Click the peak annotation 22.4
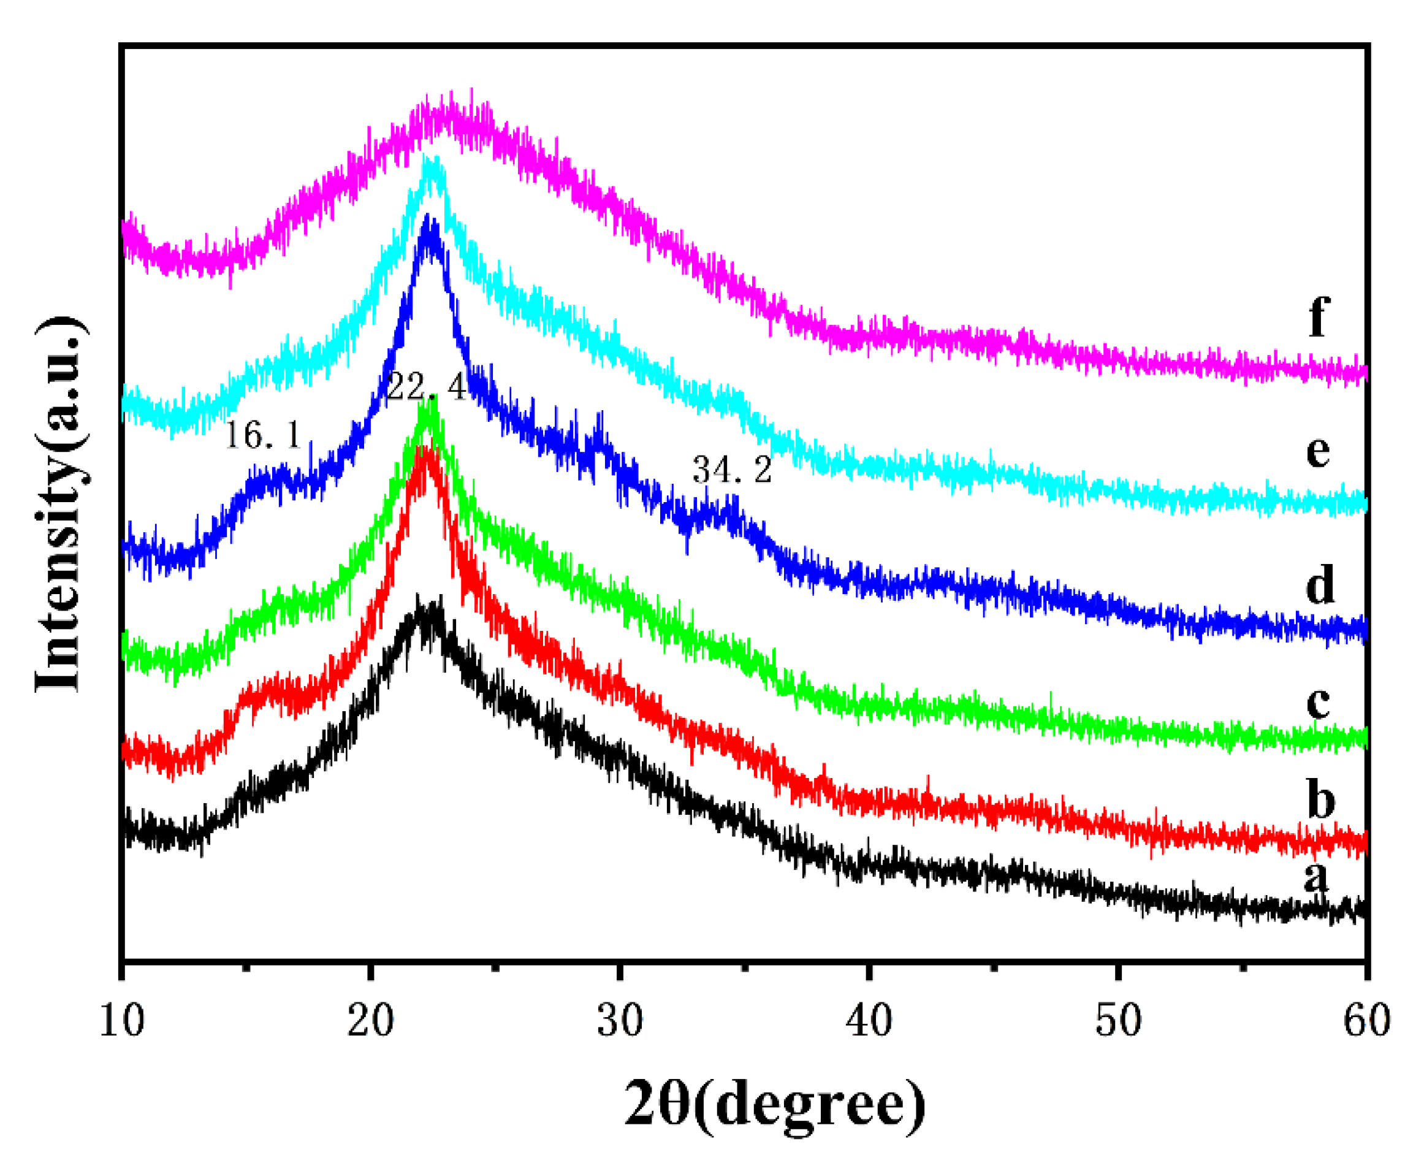click(x=426, y=387)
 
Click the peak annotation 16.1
click(x=262, y=435)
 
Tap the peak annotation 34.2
click(x=732, y=470)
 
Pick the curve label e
click(x=1317, y=451)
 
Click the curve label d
click(x=1320, y=584)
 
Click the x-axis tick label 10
click(x=122, y=1021)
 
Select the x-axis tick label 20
click(x=370, y=1021)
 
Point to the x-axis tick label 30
click(x=620, y=1021)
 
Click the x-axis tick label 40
click(x=869, y=1021)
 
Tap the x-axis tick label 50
click(x=1118, y=1021)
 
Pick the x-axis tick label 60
click(x=1367, y=1021)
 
